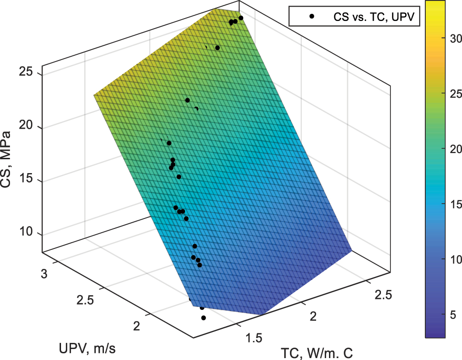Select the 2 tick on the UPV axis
coord(136,327)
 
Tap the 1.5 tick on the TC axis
coord(254,338)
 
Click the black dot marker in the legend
coord(311,17)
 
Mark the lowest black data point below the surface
coord(204,318)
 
